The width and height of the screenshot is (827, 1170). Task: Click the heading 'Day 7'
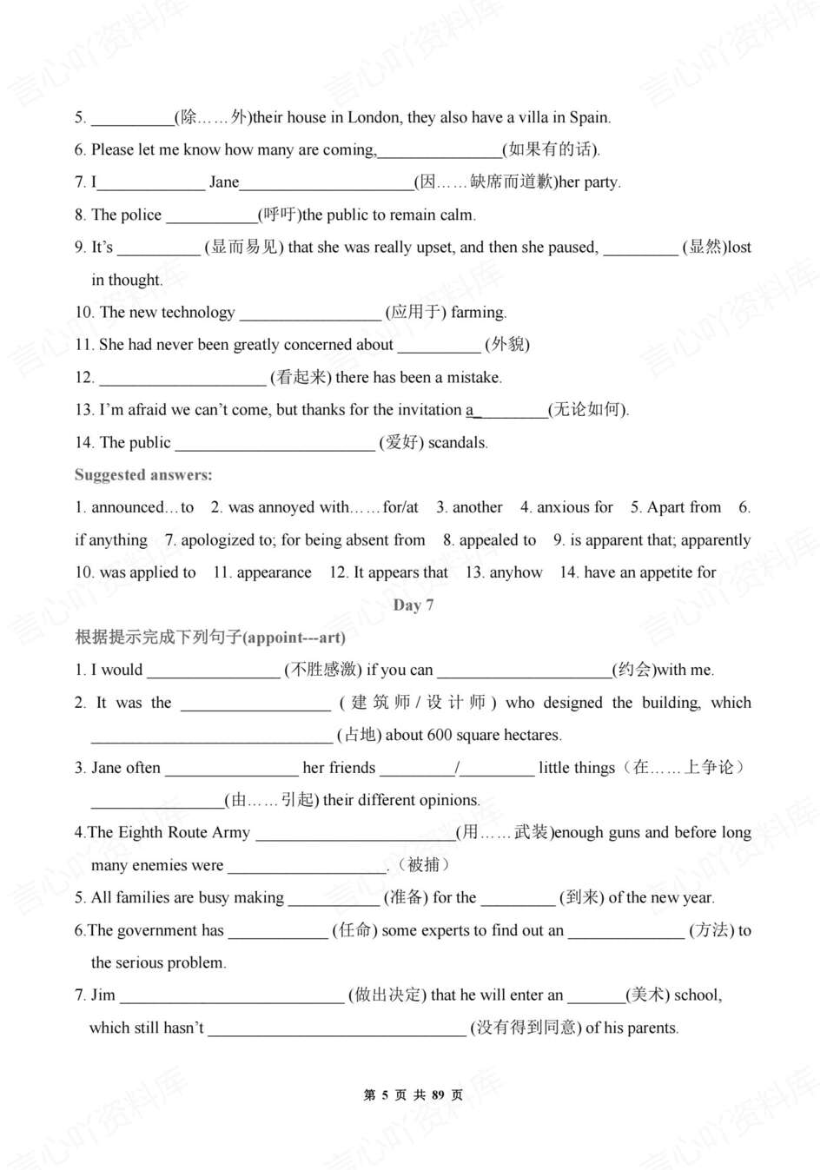(413, 605)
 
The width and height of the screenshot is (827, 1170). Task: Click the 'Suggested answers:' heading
(143, 475)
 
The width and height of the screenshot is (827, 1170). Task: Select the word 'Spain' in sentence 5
(588, 117)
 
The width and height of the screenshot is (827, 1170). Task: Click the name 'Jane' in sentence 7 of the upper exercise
(223, 182)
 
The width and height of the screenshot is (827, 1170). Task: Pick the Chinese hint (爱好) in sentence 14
(401, 443)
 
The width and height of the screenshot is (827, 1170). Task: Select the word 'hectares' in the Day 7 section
(532, 736)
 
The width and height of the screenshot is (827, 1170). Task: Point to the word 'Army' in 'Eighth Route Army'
(230, 833)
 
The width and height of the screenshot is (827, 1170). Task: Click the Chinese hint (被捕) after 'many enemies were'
(423, 865)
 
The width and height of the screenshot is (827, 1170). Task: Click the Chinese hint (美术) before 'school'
(647, 995)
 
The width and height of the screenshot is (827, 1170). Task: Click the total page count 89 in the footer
(437, 1095)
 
